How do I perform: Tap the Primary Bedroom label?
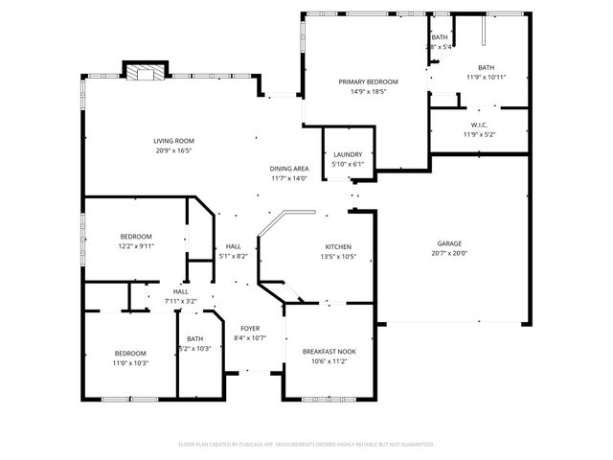[368, 82]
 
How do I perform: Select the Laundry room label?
[348, 154]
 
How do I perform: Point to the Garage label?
[450, 243]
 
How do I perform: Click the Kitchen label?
[337, 247]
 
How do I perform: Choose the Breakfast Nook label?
[329, 352]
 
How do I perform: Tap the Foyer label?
[250, 328]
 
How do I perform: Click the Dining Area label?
[288, 169]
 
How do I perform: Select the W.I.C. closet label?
[480, 126]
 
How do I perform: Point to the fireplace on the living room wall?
[146, 71]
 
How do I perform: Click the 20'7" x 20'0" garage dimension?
[450, 253]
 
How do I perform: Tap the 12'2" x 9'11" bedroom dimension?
[136, 246]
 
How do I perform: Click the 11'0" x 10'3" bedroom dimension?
[130, 362]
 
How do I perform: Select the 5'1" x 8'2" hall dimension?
[234, 256]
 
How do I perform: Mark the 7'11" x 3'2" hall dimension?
[181, 301]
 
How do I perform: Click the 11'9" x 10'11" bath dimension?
[487, 77]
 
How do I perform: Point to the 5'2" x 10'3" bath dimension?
[195, 348]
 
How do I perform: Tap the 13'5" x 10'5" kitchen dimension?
[337, 257]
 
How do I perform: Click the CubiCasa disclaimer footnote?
[306, 444]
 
